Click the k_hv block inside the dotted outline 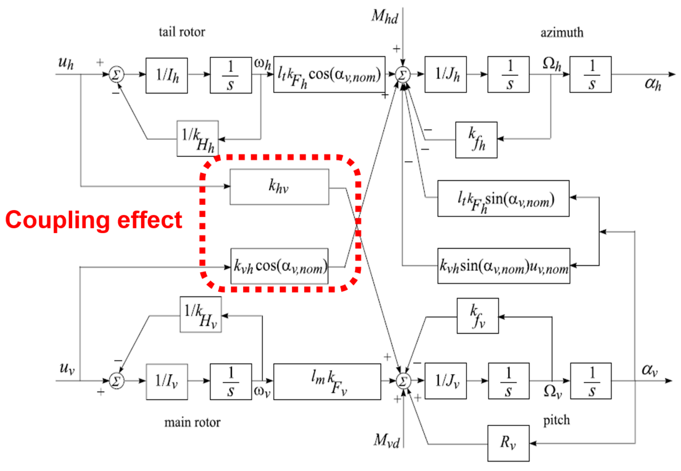tap(279, 187)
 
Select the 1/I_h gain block tap(166, 76)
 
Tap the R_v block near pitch tap(508, 443)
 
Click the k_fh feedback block tap(476, 140)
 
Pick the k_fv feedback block tap(477, 316)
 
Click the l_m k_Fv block tap(327, 382)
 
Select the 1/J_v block tap(445, 381)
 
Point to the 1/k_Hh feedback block tap(198, 139)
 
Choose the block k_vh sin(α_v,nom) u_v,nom tap(503, 266)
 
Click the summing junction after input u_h tap(116, 75)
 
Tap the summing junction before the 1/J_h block tap(403, 75)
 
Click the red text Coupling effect tap(94, 220)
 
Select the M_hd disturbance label tap(384, 17)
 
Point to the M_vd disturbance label tap(386, 441)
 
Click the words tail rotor tap(182, 32)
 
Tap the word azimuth tap(562, 33)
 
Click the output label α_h tap(652, 84)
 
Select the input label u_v tap(67, 368)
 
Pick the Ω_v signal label tap(552, 392)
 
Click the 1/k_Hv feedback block tap(200, 315)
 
